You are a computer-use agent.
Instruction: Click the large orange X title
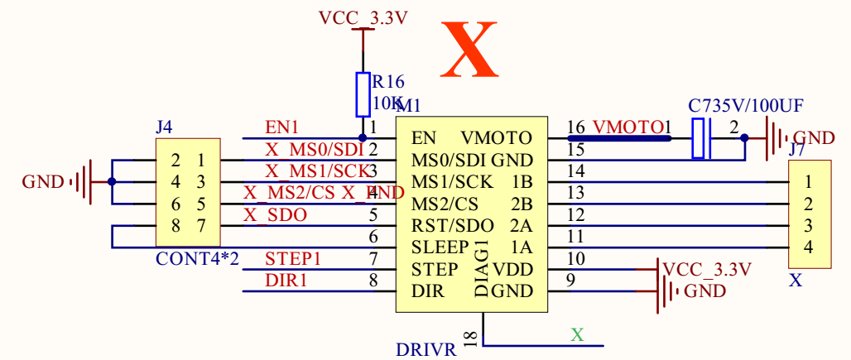[469, 50]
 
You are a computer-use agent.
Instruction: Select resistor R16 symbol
[363, 94]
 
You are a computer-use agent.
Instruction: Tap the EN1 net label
[281, 127]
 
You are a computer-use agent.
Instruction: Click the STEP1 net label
[293, 259]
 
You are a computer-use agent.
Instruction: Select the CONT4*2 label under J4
[197, 258]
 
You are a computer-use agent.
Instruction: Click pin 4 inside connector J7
[808, 247]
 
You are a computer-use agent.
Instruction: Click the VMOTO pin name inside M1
[497, 137]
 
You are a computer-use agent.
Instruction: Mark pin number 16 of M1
[576, 127]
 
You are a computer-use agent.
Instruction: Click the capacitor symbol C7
[702, 137]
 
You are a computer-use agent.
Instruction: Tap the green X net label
[577, 335]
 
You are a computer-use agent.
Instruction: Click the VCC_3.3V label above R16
[363, 17]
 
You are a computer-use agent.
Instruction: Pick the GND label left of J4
[42, 182]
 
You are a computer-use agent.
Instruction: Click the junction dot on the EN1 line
[363, 137]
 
